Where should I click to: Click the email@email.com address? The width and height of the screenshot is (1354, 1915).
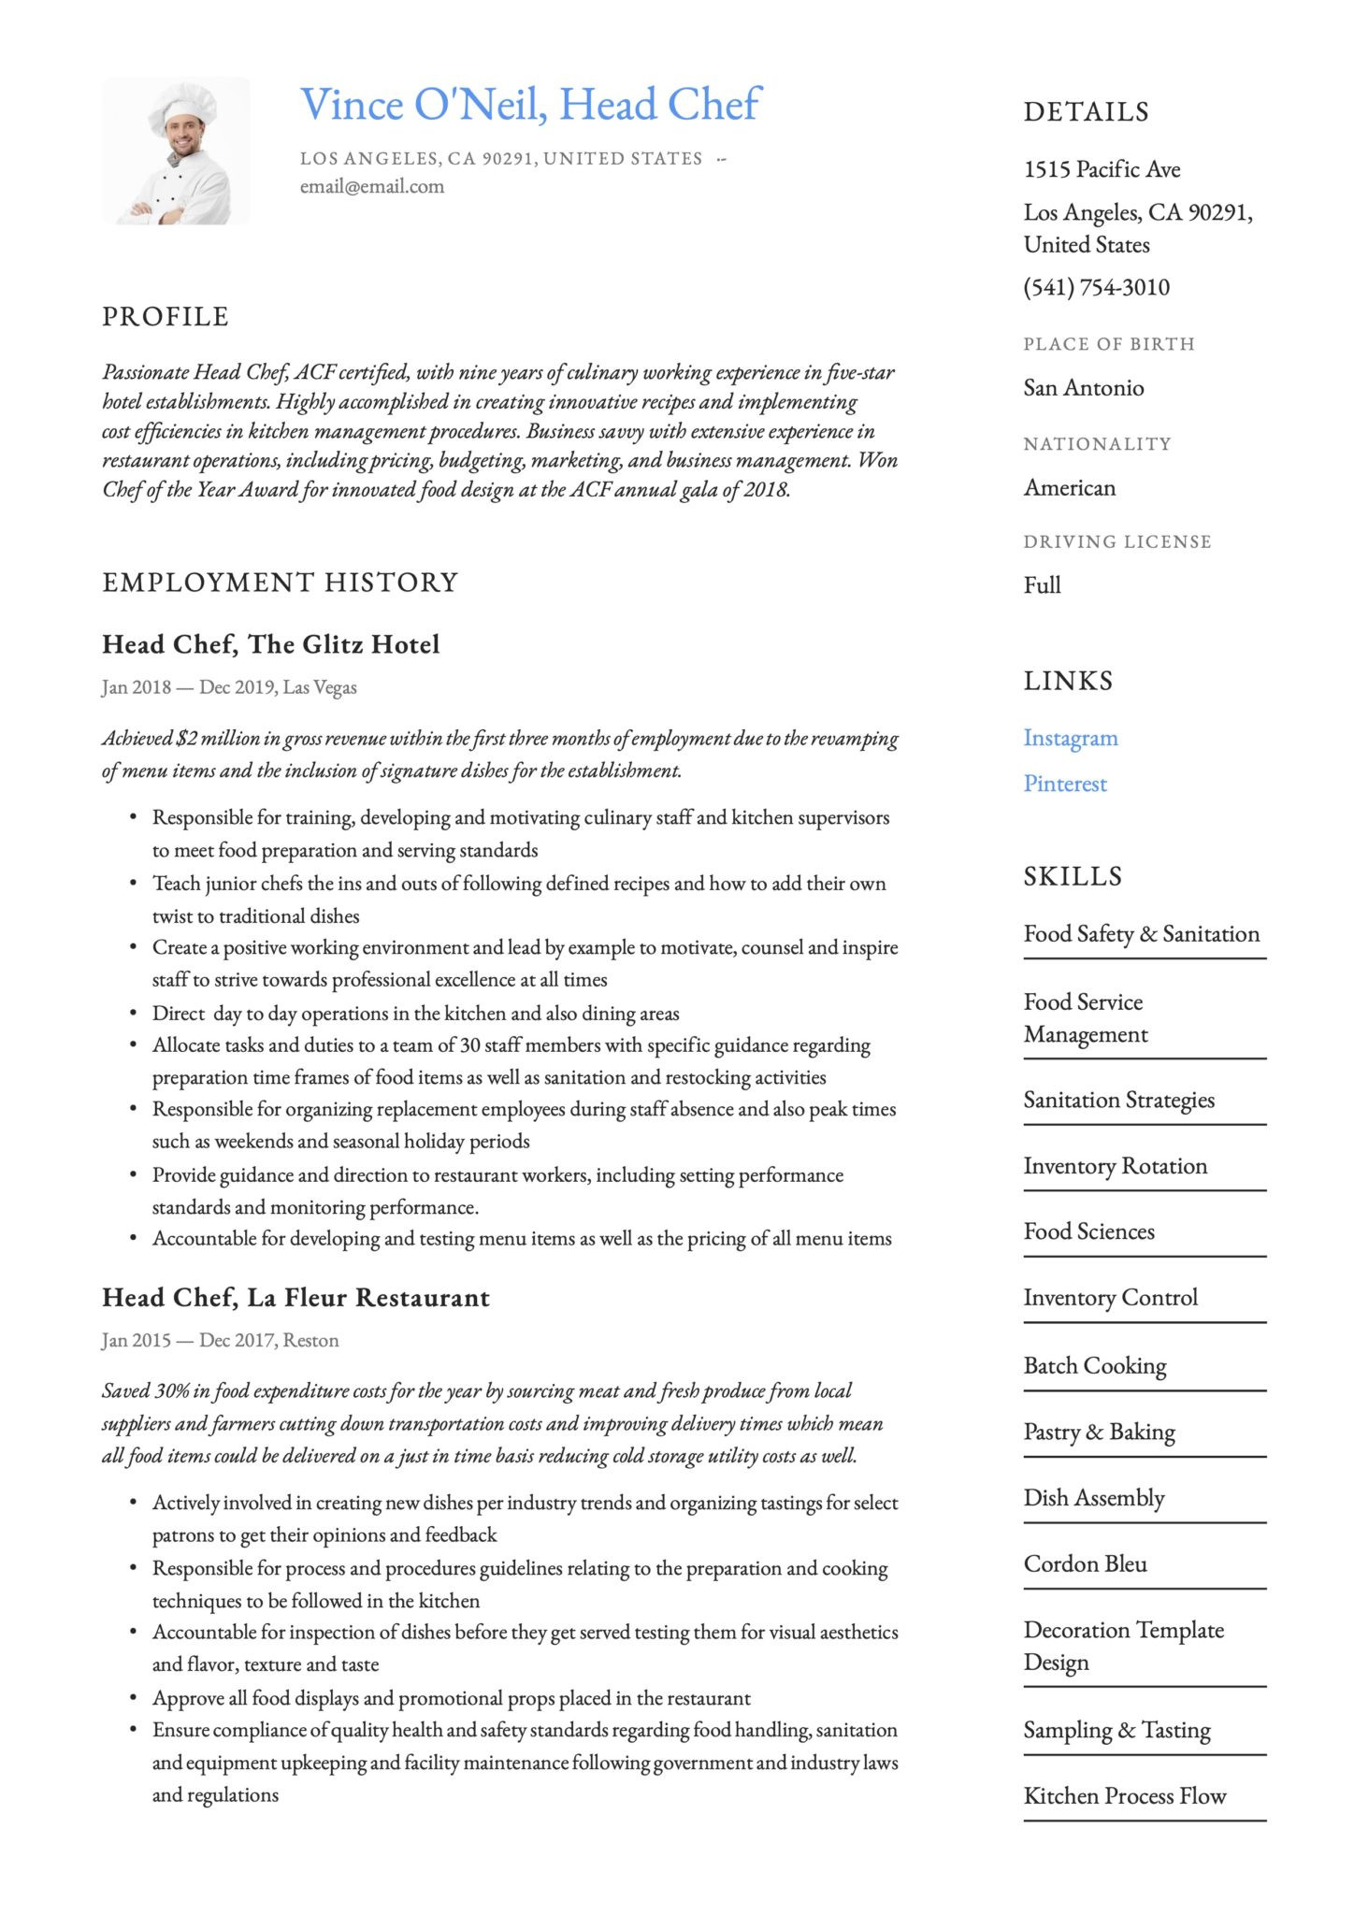pos(372,186)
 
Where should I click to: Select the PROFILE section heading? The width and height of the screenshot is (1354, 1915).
pos(166,317)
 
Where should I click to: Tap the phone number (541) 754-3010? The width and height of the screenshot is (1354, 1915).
pos(1096,287)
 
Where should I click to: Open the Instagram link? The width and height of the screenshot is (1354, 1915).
pos(1071,738)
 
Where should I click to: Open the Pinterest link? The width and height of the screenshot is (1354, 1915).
pos(1065,784)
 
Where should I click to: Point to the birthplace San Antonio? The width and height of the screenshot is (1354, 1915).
pos(1084,388)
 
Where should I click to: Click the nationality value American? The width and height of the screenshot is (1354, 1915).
pos(1070,488)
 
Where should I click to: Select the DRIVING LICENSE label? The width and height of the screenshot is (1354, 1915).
pos(1117,541)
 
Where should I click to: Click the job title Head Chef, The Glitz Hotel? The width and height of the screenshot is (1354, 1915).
pos(270,644)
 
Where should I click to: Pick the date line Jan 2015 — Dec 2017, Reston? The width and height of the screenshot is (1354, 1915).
pos(221,1340)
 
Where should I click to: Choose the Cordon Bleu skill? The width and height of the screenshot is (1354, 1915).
pos(1085,1563)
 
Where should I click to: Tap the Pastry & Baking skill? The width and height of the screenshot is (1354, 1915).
pos(1099,1432)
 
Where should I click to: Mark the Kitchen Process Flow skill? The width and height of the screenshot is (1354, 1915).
pos(1125,1795)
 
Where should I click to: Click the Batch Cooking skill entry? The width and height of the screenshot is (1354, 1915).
pos(1095,1365)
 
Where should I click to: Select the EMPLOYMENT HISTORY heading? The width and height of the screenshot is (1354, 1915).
pos(280,583)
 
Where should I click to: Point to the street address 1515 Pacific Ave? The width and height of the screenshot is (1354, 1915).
pos(1102,169)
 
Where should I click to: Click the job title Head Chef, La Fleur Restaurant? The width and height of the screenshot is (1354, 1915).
pos(295,1298)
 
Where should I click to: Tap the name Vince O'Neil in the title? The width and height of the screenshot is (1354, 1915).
pos(423,105)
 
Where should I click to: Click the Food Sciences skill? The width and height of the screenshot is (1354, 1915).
pos(1089,1231)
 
